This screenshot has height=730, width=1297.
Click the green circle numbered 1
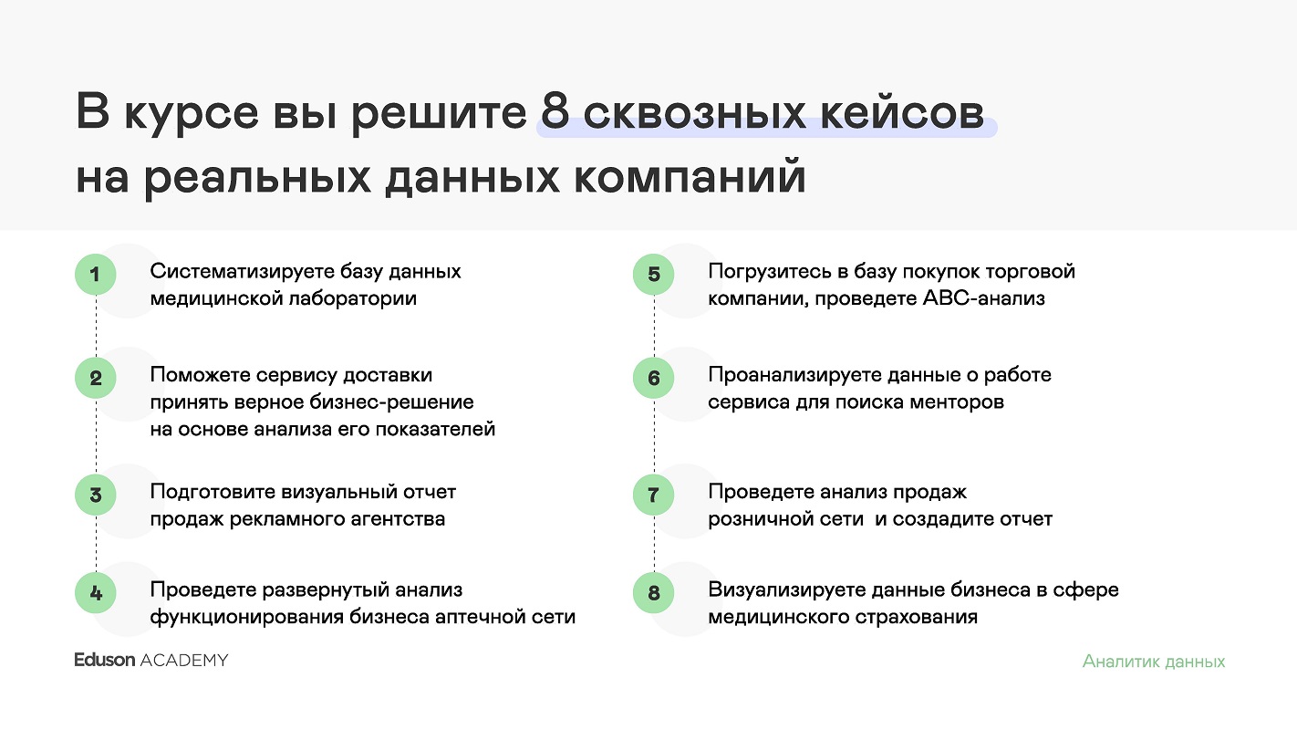click(x=96, y=274)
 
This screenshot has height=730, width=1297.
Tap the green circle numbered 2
click(x=96, y=378)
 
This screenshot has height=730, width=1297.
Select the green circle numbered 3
click(x=96, y=495)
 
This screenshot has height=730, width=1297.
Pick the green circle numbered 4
click(x=96, y=593)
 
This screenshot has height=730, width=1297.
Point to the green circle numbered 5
click(x=654, y=274)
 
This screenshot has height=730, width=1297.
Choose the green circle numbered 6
click(x=654, y=378)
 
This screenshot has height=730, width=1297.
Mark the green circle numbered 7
click(x=654, y=495)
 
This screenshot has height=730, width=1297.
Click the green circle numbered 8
click(x=654, y=593)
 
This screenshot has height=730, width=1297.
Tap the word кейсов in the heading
click(x=901, y=112)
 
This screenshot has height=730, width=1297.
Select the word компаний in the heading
click(x=690, y=177)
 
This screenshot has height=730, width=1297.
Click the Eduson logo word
click(x=105, y=660)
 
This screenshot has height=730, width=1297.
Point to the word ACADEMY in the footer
click(x=185, y=661)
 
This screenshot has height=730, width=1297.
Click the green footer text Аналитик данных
click(x=1154, y=662)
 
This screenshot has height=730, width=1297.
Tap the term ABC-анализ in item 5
click(x=984, y=298)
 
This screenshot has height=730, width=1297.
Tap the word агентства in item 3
click(x=396, y=519)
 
